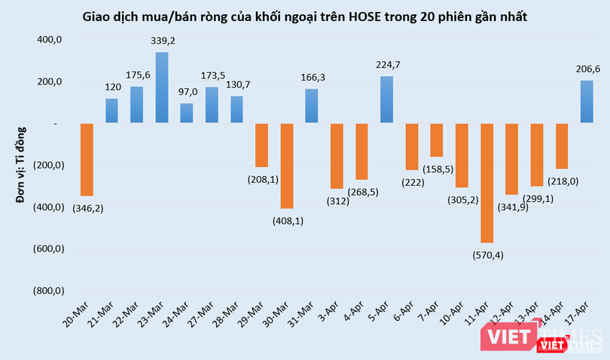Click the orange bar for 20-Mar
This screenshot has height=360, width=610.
coord(87,159)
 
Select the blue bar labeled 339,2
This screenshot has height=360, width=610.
coord(162,87)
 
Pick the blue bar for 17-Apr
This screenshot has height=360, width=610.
coord(587,102)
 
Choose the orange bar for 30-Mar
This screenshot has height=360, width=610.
coord(287,166)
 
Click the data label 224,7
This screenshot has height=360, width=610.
coord(387,65)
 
